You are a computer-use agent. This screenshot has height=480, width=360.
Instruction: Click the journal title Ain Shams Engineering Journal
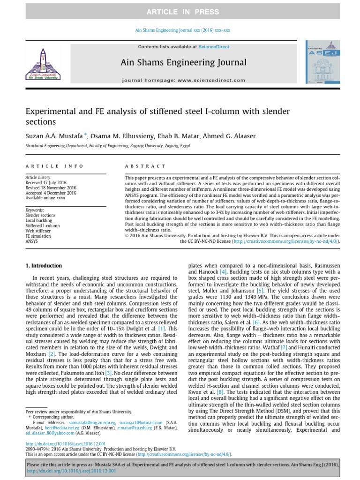(183, 62)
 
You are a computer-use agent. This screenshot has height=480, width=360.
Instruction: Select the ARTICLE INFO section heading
(54, 166)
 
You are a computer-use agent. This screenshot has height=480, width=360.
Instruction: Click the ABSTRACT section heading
(145, 166)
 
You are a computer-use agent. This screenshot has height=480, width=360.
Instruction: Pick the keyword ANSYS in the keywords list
(31, 241)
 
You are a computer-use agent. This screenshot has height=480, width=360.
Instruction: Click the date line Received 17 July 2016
(45, 183)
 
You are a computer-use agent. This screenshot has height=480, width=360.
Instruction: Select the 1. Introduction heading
(44, 266)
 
